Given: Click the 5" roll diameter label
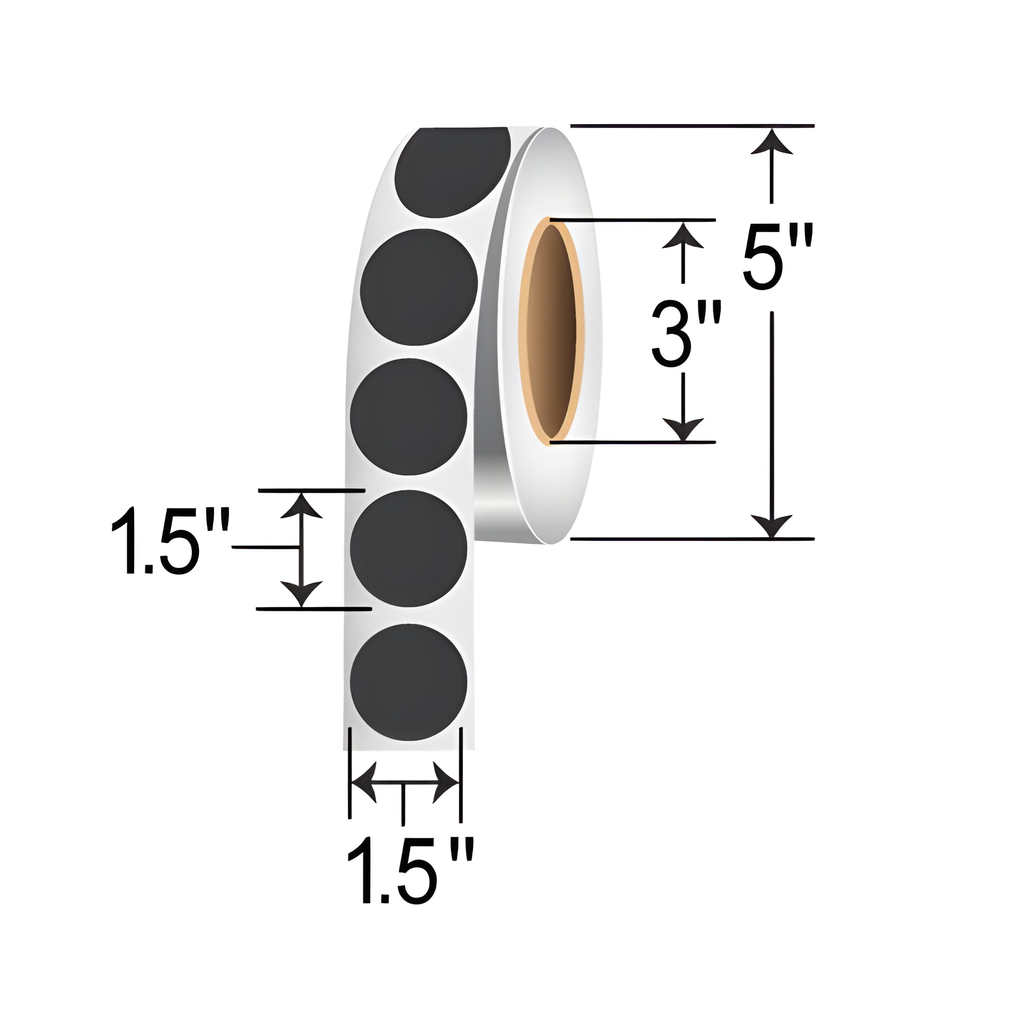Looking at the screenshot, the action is point(778,257).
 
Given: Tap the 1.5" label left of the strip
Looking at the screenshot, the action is point(170,542).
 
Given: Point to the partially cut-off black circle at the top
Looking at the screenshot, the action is point(452,172).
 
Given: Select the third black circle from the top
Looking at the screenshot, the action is point(409,417).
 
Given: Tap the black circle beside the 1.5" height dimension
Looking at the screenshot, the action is point(409,548).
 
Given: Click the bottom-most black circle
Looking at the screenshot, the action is point(409,682).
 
